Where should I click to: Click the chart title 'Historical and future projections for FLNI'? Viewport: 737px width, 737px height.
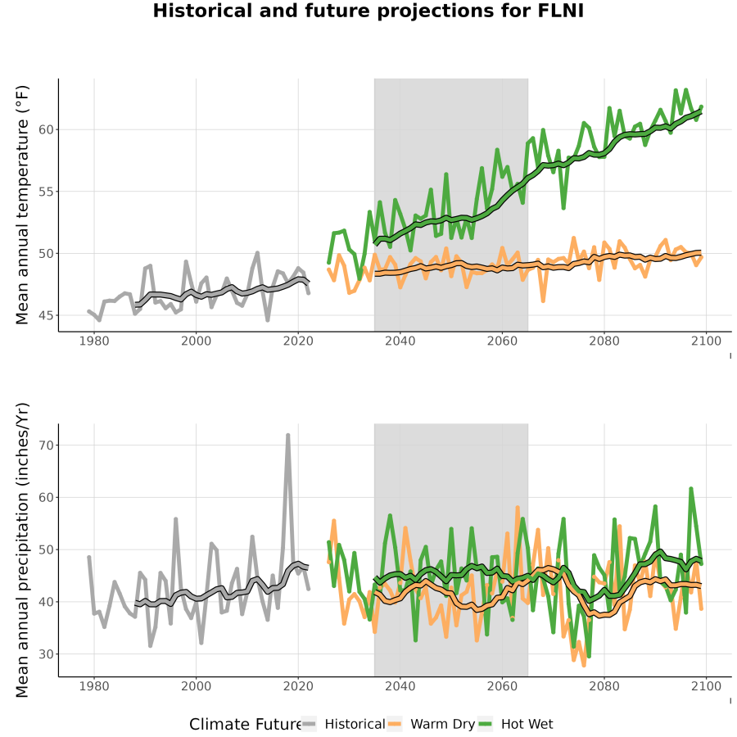coord(368,11)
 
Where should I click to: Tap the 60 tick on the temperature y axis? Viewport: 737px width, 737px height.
coord(46,129)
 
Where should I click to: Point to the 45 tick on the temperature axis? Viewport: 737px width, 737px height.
coord(46,316)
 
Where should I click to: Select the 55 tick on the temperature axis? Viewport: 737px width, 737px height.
coord(46,192)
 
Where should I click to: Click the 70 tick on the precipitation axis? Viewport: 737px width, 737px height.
coord(46,445)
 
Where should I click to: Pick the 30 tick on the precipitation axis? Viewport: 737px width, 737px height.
coord(46,654)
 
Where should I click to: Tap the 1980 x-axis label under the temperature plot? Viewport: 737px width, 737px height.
coord(94,341)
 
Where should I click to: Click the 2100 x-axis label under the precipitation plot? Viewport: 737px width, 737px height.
coord(706,686)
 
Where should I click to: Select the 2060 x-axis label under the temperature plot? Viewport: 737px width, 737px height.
coord(502,341)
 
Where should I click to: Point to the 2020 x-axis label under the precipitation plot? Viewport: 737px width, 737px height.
coord(298,686)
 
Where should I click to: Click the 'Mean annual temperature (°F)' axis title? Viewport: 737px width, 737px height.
coord(22,205)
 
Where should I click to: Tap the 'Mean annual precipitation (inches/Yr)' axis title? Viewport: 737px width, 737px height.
coord(22,550)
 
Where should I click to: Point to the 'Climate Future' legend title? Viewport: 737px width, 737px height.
coord(246,725)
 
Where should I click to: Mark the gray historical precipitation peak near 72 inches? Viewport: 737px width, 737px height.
coord(287,436)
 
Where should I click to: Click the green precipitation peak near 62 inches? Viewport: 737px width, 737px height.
coord(690,489)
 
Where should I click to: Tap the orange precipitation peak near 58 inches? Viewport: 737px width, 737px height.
coord(518,508)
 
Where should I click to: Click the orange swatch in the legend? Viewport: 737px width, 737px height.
coord(395,725)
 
